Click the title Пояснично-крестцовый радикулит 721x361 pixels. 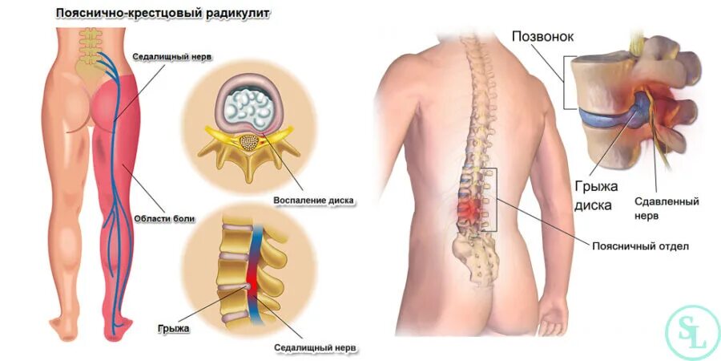[161, 14]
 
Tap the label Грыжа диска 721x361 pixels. [594, 195]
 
